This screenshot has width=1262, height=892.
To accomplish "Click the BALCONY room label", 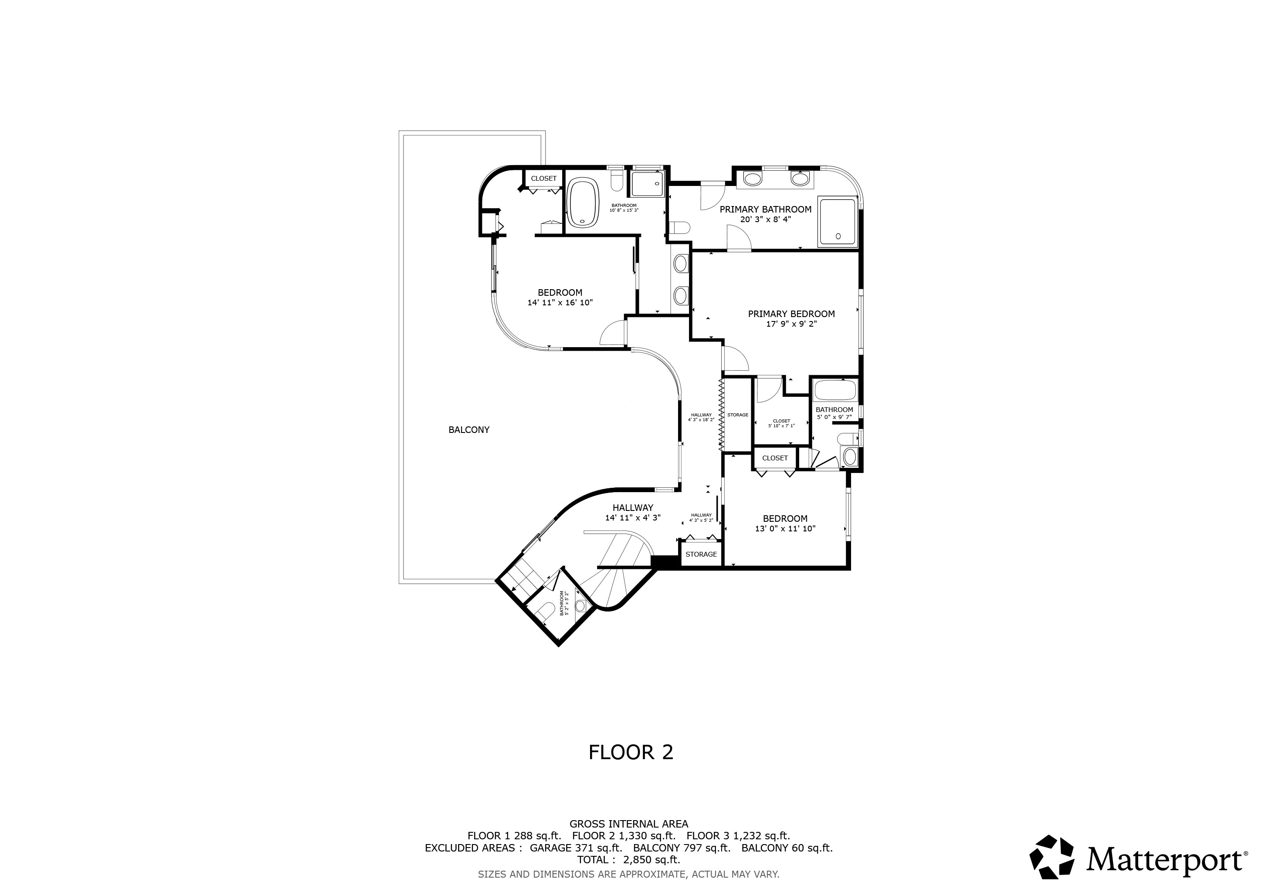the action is (469, 430).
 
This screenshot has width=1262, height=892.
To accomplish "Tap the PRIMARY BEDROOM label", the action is (791, 314).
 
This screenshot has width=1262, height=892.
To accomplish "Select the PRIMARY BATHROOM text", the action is (766, 209).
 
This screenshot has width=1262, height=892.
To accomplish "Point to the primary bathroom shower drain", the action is (838, 236).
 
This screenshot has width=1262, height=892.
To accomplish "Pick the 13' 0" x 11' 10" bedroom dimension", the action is (785, 529).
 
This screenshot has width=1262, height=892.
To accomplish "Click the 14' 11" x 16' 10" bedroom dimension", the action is (560, 303).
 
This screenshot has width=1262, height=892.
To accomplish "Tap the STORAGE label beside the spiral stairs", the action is (701, 554).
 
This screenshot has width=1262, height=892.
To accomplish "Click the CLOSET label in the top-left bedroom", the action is (543, 179).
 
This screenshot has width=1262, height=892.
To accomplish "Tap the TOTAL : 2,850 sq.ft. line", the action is (629, 860).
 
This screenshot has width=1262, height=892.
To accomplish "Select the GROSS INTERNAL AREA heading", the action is (629, 824).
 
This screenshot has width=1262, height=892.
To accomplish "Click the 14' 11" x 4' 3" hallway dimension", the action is (633, 517).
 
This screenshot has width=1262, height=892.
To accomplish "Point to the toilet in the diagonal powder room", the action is (545, 612).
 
